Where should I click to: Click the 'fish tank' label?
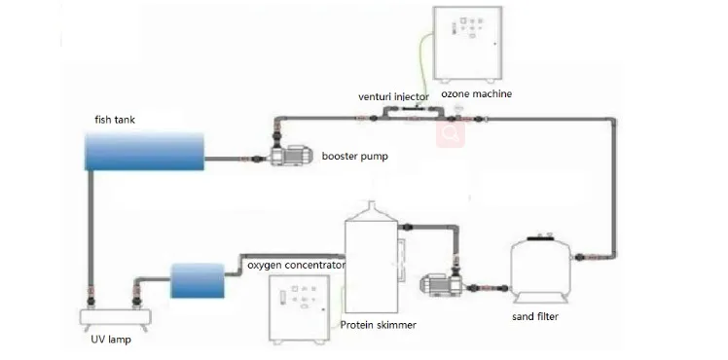point(115,120)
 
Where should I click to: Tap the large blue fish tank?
point(144,151)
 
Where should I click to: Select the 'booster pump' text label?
point(354,157)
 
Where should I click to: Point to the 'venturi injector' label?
point(394,97)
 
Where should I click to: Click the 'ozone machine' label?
point(476,93)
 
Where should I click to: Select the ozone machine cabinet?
point(467,43)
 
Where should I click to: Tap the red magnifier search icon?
point(451,133)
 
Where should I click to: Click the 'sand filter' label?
point(535,317)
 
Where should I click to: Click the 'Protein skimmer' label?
point(378,325)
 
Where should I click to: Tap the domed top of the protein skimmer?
point(371,211)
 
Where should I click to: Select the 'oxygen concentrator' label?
point(296,266)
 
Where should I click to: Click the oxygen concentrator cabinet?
point(301,309)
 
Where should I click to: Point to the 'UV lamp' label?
point(111,340)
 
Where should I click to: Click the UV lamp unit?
point(116,318)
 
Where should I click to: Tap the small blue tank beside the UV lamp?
point(198,280)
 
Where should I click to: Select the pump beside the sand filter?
point(439,284)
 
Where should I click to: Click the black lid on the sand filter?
point(541,237)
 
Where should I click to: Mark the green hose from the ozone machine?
point(421,60)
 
